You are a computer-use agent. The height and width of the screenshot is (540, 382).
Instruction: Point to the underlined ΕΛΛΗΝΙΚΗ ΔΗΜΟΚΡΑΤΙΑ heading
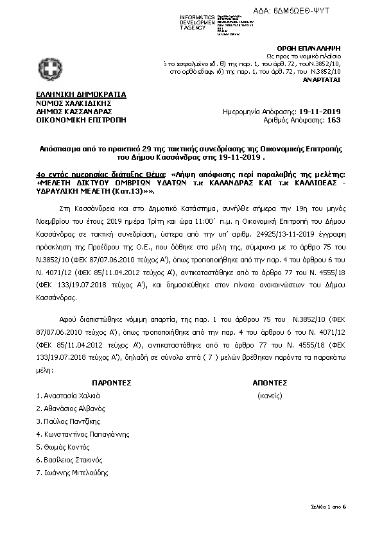(82, 94)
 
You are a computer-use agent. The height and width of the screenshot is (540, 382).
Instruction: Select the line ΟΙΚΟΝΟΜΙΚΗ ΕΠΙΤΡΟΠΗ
(82, 119)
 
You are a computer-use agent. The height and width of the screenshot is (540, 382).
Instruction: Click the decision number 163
(334, 119)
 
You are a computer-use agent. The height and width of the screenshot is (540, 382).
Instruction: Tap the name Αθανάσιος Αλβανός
(69, 409)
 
